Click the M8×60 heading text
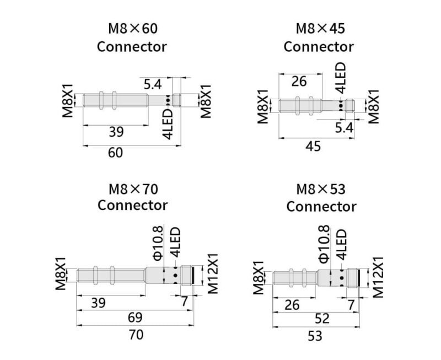tap(133, 29)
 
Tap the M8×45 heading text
tap(320, 29)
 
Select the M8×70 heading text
tap(133, 189)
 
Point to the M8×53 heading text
tap(321, 189)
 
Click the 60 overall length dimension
tap(115, 153)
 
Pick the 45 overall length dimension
tap(313, 146)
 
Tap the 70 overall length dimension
tap(136, 335)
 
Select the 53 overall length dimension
tap(315, 336)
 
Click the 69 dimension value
tap(135, 318)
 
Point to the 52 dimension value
tap(322, 319)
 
